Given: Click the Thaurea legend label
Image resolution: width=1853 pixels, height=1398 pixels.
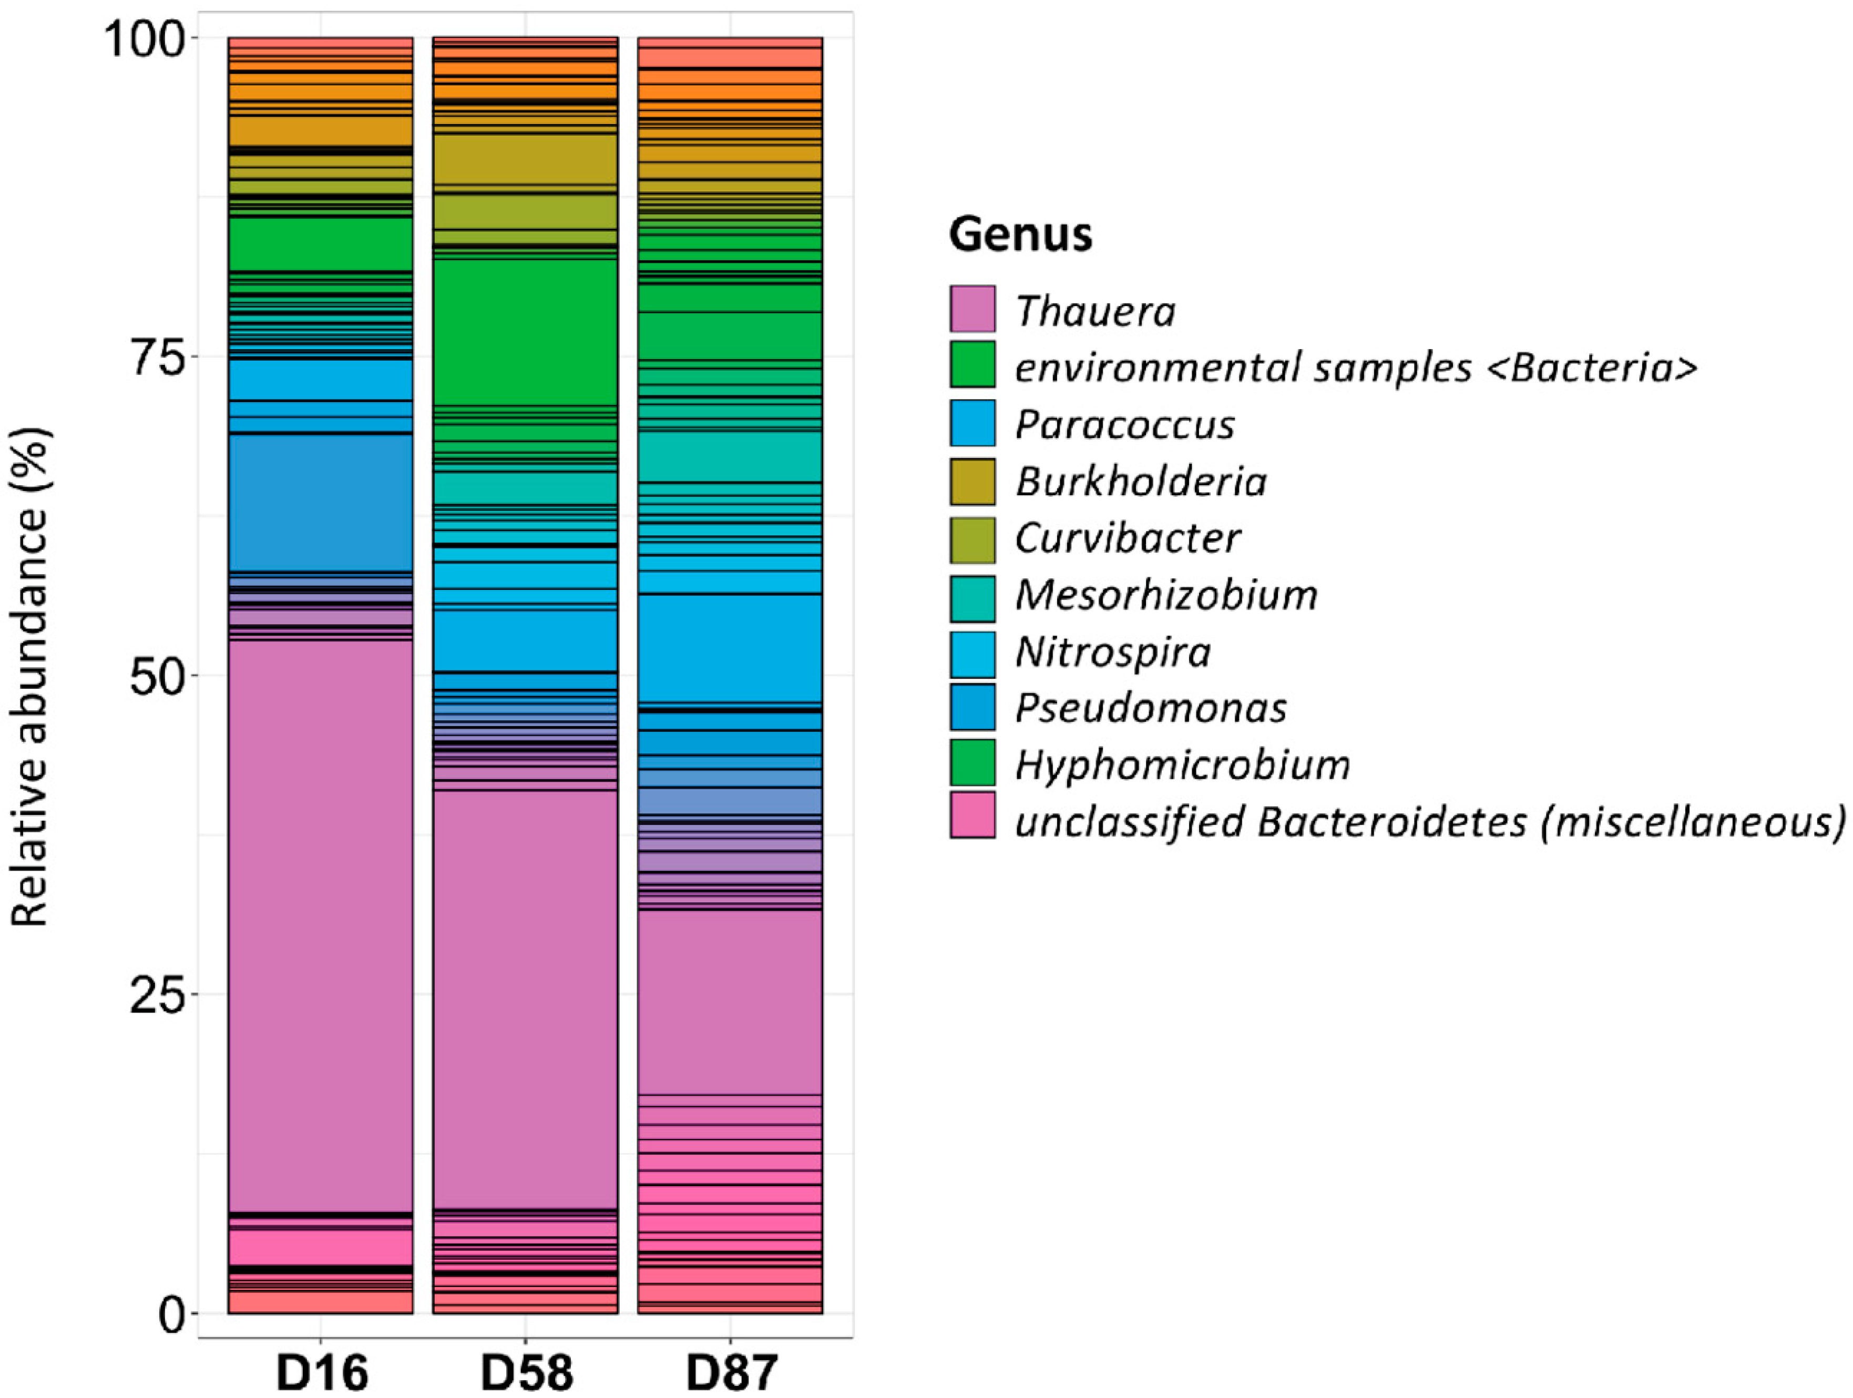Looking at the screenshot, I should [x=1095, y=312].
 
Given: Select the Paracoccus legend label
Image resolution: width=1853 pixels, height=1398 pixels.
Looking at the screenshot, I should [x=1124, y=425].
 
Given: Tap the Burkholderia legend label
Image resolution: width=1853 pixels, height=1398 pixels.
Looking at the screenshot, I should [x=1140, y=482].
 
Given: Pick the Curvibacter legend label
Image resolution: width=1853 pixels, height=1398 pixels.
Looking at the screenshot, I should [x=1127, y=538].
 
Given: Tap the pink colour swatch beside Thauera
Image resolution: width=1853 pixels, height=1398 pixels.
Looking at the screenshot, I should [x=972, y=310].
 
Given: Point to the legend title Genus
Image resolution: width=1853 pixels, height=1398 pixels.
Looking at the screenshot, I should [x=1020, y=234].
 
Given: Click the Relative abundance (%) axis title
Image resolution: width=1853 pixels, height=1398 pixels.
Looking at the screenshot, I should [x=31, y=677].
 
